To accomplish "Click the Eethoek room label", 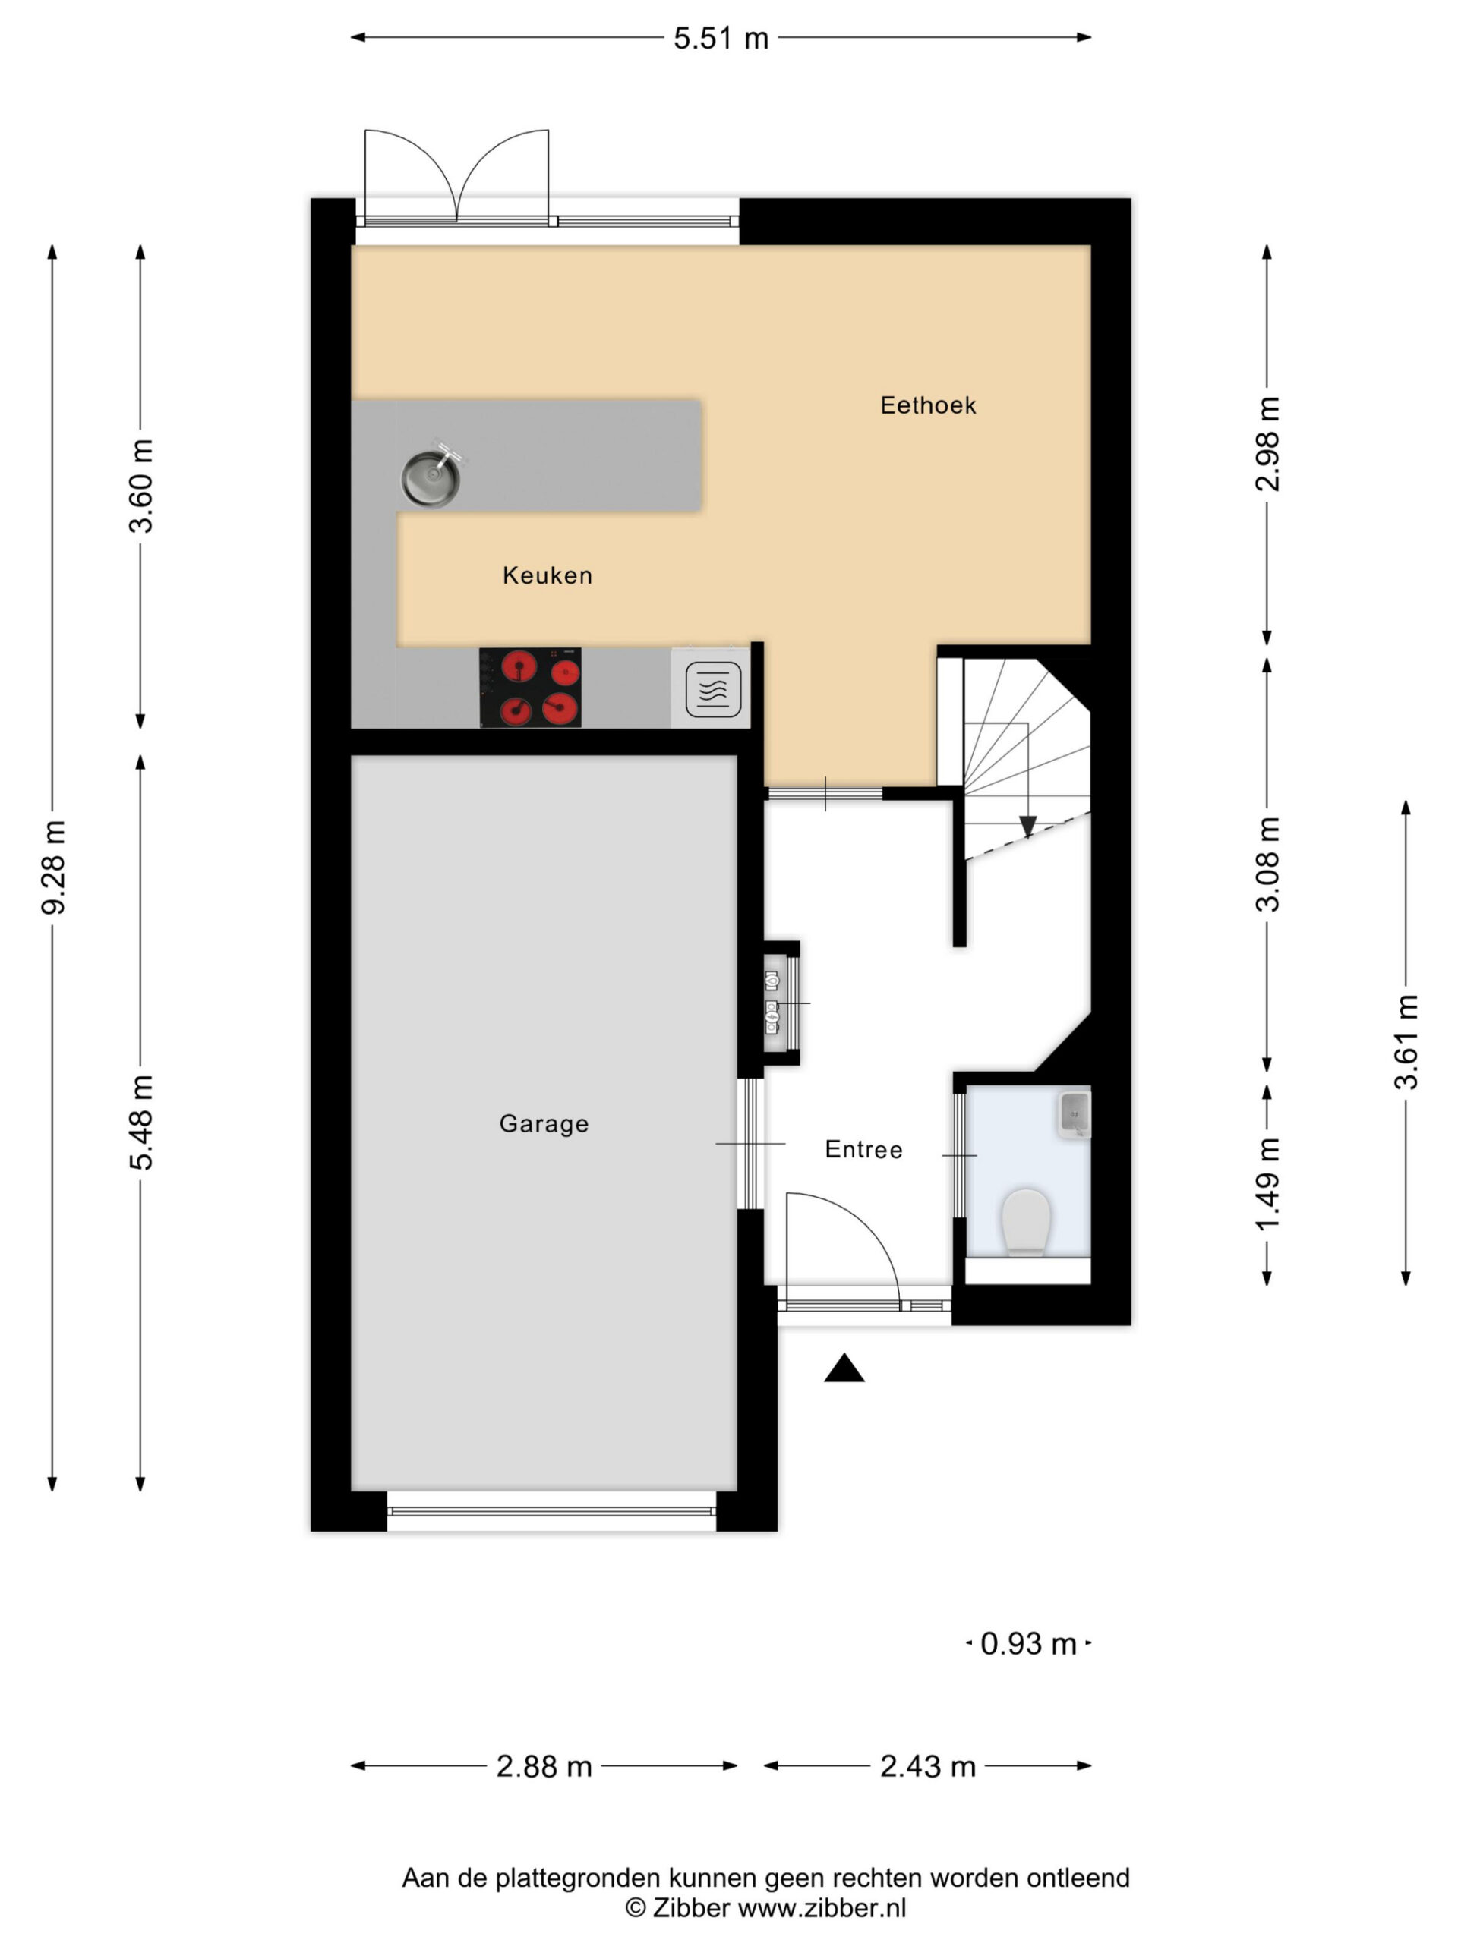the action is (x=927, y=405).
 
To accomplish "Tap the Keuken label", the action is (x=547, y=575).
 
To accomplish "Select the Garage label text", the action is (x=543, y=1123).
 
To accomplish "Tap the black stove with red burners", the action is (x=530, y=688).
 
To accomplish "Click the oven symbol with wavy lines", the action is (x=712, y=689).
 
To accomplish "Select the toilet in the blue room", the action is (x=1026, y=1221).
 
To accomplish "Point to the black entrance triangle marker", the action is (x=844, y=1368).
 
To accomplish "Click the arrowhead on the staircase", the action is (x=1027, y=827).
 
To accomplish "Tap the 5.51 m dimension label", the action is (x=721, y=39).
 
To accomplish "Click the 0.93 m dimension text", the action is (x=1028, y=1643).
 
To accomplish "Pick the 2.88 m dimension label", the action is (x=544, y=1766).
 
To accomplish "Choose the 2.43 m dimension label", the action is (x=928, y=1766).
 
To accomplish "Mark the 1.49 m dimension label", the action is (x=1267, y=1184).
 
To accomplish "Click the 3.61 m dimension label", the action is (x=1406, y=1042).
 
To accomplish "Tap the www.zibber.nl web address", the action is (x=821, y=1908).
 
